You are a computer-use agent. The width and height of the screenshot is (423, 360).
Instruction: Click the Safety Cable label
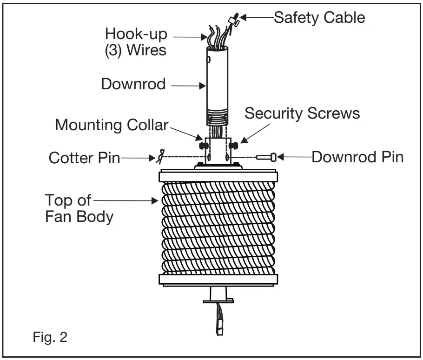319,18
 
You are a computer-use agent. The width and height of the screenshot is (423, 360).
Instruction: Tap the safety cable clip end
233,20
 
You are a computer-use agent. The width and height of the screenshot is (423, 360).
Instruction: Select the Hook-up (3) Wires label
135,41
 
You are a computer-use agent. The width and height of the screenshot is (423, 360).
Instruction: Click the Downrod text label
133,84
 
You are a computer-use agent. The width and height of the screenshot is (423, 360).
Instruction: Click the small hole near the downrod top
209,60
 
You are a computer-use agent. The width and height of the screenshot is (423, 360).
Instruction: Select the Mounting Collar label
112,125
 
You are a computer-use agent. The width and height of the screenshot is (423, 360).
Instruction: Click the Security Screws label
302,113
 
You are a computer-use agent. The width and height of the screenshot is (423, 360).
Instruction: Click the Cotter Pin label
84,158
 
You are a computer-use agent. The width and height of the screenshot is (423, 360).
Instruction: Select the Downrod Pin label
357,157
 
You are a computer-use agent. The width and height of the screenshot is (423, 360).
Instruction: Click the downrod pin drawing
267,157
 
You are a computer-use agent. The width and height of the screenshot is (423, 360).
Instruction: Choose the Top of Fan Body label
79,208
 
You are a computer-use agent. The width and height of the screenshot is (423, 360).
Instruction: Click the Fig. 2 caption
50,337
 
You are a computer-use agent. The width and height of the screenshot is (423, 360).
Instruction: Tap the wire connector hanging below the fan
218,324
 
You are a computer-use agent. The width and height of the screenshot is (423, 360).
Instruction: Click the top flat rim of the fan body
218,176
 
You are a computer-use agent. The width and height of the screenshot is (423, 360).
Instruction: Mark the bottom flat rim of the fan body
218,279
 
